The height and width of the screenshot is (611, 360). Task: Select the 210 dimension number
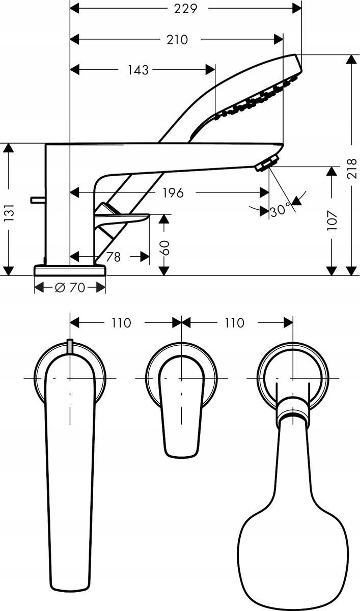[x=177, y=39]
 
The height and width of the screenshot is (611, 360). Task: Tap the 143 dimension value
[x=137, y=70]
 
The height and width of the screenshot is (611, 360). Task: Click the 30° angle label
[x=280, y=209]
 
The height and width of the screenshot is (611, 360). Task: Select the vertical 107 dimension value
[x=332, y=220]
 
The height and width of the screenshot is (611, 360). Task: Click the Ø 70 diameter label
[x=70, y=288]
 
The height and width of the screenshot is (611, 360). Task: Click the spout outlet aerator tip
[x=264, y=165]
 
